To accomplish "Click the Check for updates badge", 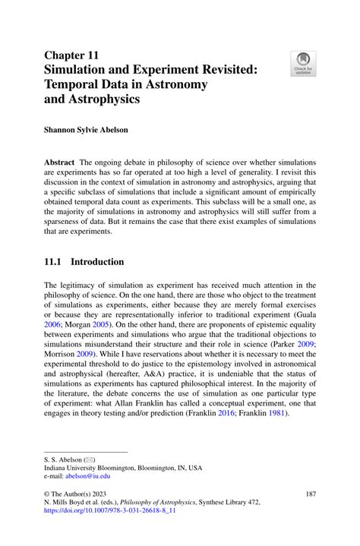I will (x=304, y=63).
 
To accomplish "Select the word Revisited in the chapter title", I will (x=218, y=69).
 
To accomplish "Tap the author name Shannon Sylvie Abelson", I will (x=86, y=130).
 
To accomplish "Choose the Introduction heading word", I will (x=97, y=262).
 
